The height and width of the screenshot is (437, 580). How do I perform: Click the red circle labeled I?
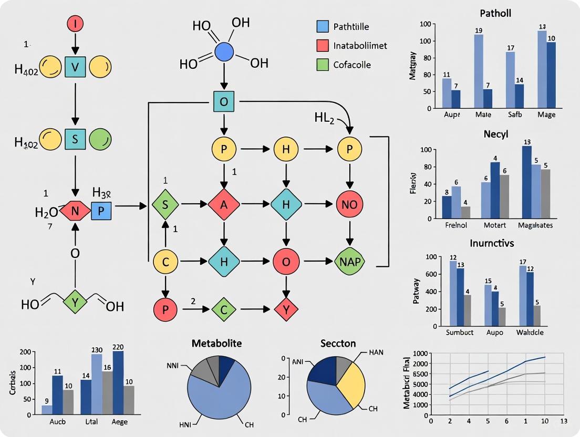click(x=75, y=23)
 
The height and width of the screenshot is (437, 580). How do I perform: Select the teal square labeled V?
click(x=75, y=67)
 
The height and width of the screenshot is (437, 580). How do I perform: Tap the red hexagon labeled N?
click(x=75, y=211)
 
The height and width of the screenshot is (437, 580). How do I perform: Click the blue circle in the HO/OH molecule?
click(x=224, y=53)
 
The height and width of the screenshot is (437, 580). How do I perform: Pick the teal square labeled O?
click(x=223, y=101)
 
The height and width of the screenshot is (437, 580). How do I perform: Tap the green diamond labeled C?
click(x=224, y=310)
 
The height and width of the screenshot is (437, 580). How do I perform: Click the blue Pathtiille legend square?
click(x=323, y=26)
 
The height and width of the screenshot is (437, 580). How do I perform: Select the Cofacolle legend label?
click(x=352, y=65)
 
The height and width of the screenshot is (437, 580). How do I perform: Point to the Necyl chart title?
click(x=496, y=134)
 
